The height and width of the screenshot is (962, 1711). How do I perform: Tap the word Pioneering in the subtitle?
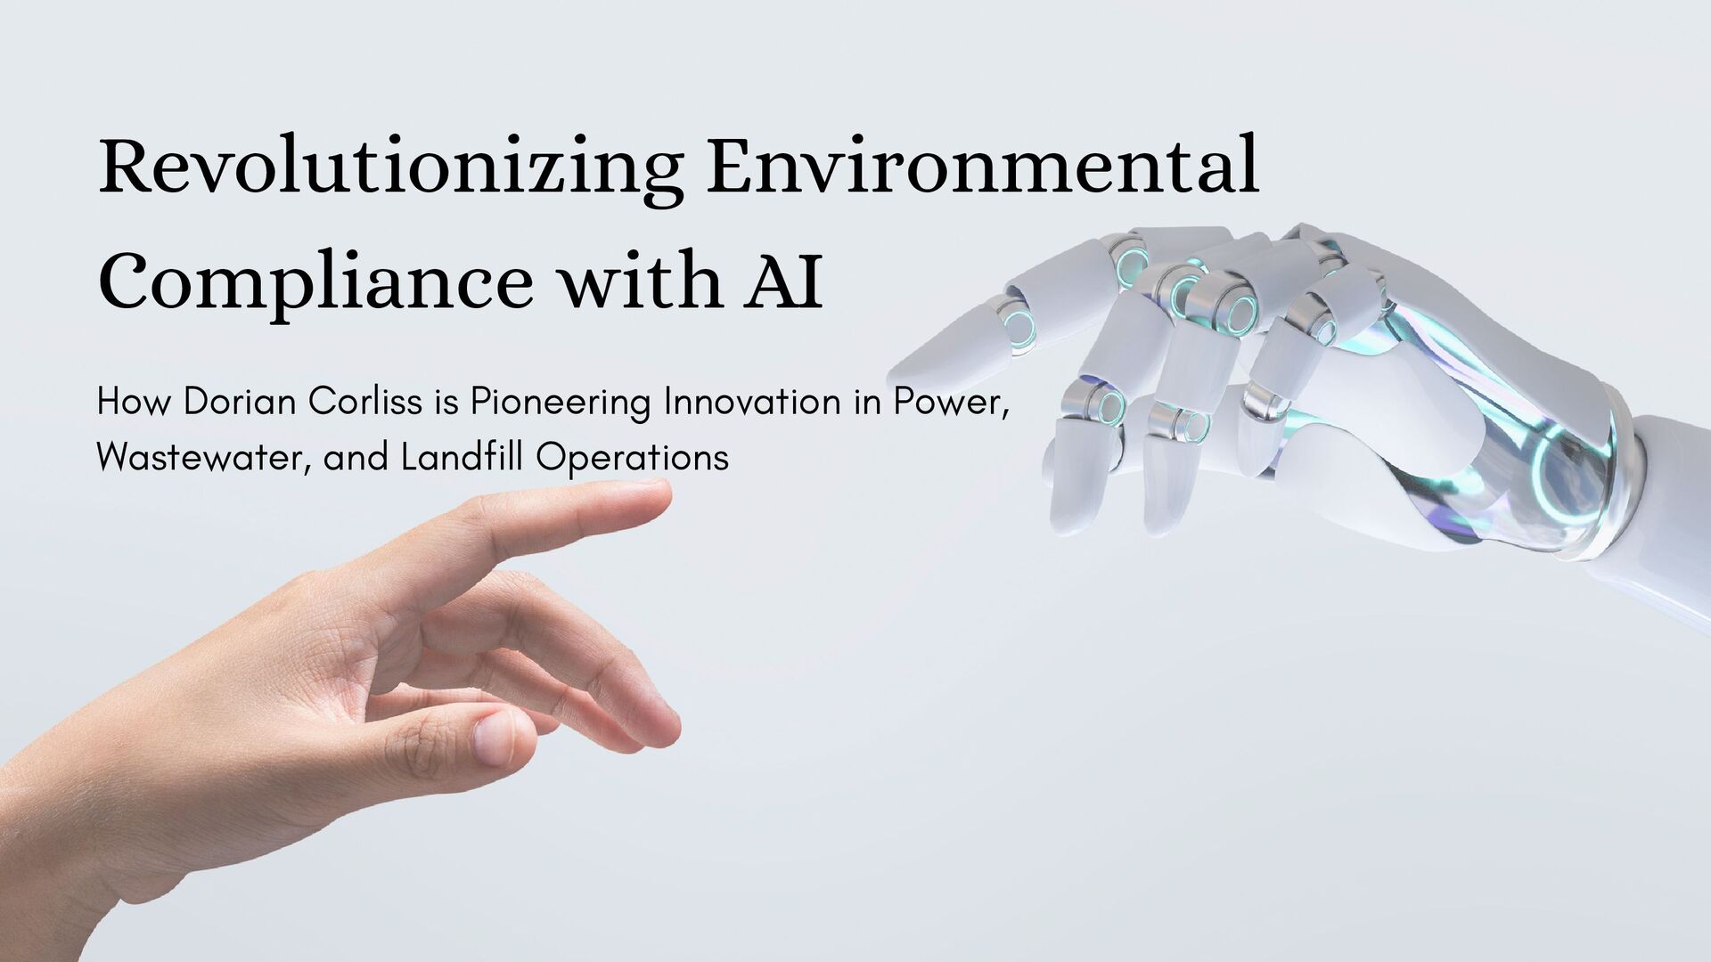point(561,404)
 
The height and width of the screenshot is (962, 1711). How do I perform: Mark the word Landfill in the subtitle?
point(463,458)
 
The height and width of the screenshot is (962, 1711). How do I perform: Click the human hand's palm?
point(267,677)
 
